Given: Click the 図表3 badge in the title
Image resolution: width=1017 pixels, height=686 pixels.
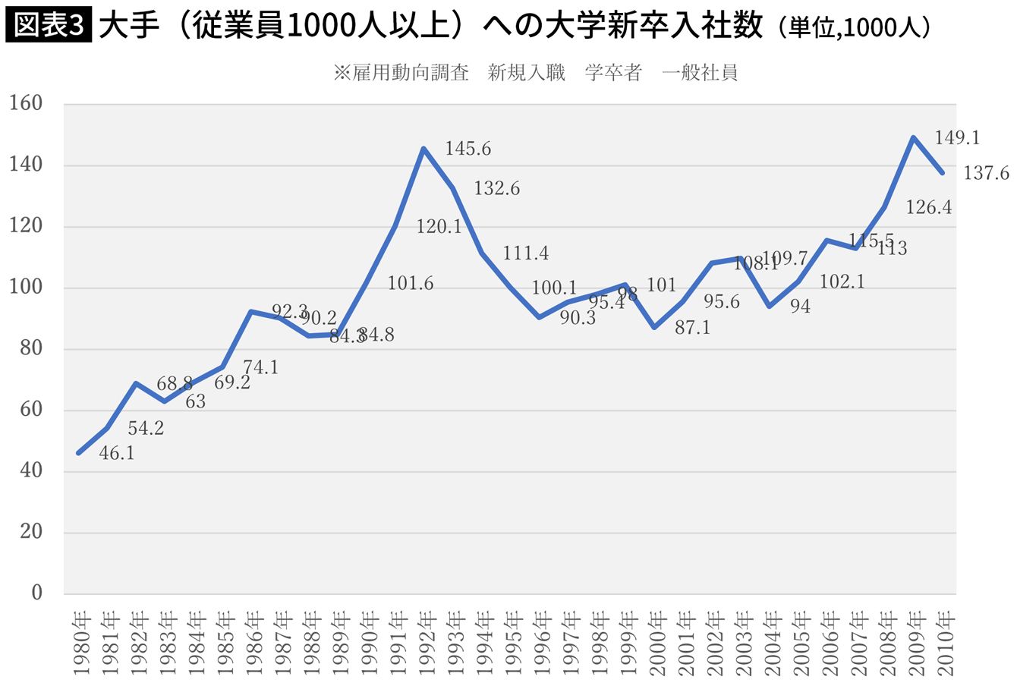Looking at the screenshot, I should click(47, 27).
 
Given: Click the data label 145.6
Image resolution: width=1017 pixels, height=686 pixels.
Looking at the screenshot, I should click(468, 149).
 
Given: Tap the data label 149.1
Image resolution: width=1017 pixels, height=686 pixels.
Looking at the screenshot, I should click(957, 137).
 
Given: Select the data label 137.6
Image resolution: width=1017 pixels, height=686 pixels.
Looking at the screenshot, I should click(986, 174).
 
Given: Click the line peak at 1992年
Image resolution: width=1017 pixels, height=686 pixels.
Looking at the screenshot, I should click(423, 149).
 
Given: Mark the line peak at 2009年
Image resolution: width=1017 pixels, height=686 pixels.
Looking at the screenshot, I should click(913, 138).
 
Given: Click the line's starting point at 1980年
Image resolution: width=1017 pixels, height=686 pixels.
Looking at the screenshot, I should click(78, 453).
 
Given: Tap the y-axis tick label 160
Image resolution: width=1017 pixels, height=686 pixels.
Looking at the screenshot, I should click(27, 104).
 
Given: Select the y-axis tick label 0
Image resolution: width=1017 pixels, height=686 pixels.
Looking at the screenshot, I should click(36, 593).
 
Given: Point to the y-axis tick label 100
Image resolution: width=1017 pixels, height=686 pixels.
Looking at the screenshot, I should click(27, 288).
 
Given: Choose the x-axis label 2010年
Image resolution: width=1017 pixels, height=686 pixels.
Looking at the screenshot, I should click(943, 641).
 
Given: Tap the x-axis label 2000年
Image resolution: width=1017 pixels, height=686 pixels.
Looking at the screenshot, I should click(656, 641).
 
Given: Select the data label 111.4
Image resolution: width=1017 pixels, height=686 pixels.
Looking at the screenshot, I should click(526, 253).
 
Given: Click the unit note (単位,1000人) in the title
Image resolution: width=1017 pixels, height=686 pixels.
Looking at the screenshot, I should click(854, 28).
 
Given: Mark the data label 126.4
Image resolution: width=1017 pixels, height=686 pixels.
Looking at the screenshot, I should click(928, 207).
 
